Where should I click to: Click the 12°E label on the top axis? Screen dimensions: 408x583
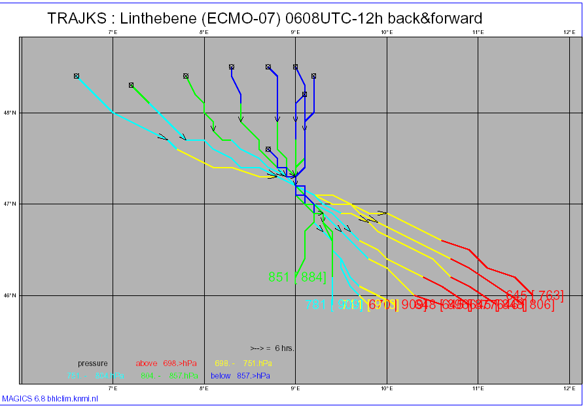pyautogui.click(x=568, y=31)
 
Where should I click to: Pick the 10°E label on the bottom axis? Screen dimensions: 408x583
pyautogui.click(x=386, y=388)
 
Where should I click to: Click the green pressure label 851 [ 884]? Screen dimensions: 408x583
pyautogui.click(x=297, y=277)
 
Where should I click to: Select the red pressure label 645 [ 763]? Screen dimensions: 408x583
pyautogui.click(x=534, y=295)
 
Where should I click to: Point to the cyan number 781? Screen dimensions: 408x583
pyautogui.click(x=316, y=305)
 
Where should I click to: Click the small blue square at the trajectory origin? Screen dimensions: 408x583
pyautogui.click(x=300, y=191)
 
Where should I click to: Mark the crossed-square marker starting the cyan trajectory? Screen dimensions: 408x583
pyautogui.click(x=77, y=76)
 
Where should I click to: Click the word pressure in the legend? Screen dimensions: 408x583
pyautogui.click(x=92, y=363)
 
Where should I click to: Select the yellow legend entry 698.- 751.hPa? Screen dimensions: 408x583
pyautogui.click(x=243, y=363)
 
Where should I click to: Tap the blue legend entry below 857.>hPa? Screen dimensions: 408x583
pyautogui.click(x=240, y=376)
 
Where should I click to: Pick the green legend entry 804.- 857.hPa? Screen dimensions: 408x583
pyautogui.click(x=168, y=376)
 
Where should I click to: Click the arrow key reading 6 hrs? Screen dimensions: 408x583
pyautogui.click(x=272, y=348)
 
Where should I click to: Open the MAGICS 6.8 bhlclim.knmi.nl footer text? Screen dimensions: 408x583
pyautogui.click(x=50, y=398)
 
